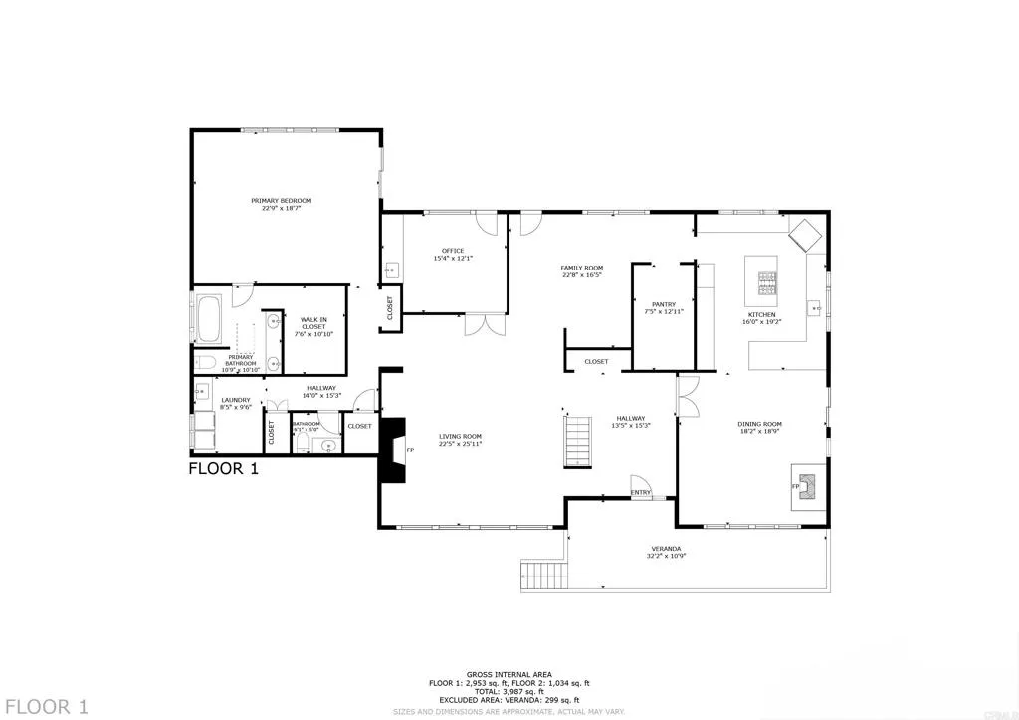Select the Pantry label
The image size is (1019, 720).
pos(664,304)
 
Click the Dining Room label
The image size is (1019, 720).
pos(759,425)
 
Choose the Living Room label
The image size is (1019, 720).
pos(461,436)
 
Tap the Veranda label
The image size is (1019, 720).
pos(667,549)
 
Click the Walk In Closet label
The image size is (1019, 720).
pos(314,324)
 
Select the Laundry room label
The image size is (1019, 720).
pos(222,400)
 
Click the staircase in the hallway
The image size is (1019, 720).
pos(578,443)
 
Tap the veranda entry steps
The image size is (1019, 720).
pos(542,575)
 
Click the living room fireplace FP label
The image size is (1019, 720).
pos(409,450)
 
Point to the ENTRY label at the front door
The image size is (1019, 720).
pos(640,492)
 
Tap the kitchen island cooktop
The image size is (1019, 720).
pos(767,285)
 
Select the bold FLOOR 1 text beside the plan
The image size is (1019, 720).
pos(224,468)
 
